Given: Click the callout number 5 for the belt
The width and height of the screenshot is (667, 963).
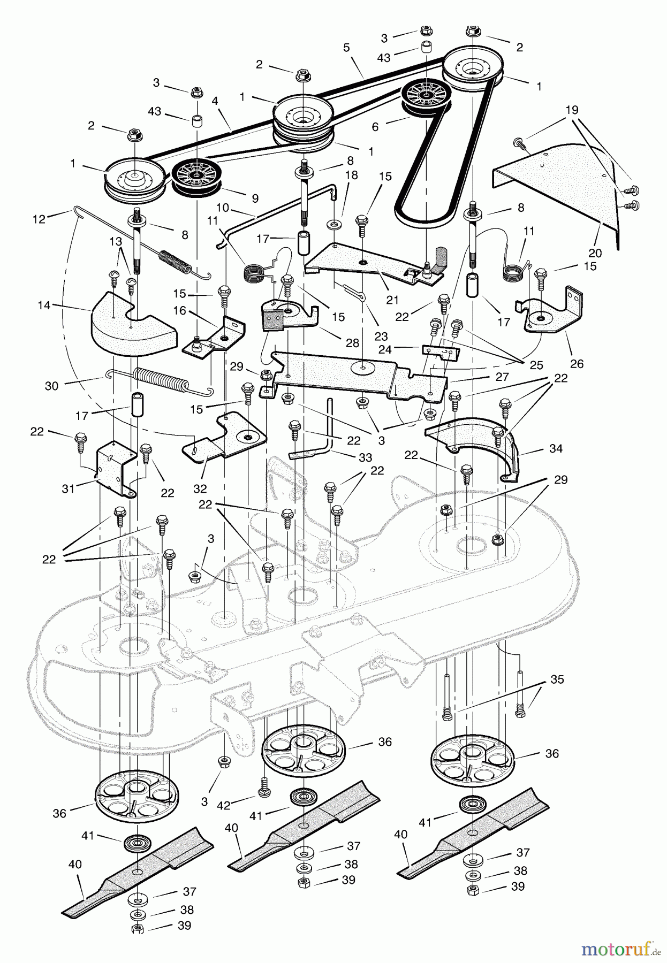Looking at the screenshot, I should (346, 48).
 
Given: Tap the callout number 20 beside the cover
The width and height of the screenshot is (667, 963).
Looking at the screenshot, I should (595, 253).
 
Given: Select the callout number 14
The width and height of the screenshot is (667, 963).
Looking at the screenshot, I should (44, 305).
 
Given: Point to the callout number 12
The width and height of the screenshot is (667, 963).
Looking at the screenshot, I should (39, 219).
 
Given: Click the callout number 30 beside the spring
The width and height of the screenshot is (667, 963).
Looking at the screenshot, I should (51, 385).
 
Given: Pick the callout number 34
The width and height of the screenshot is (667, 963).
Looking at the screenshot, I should (556, 448).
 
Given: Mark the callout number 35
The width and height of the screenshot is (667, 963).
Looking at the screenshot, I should (557, 679).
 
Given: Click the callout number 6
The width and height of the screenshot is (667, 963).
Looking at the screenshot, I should (375, 127).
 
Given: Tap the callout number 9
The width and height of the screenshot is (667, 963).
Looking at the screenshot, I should (255, 198).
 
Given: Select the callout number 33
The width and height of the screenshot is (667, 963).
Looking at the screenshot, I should (365, 457).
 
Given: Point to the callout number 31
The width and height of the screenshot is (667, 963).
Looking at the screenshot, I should (68, 488).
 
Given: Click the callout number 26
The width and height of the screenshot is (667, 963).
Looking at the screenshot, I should (577, 364).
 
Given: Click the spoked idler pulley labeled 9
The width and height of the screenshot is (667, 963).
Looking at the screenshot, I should (195, 175).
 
